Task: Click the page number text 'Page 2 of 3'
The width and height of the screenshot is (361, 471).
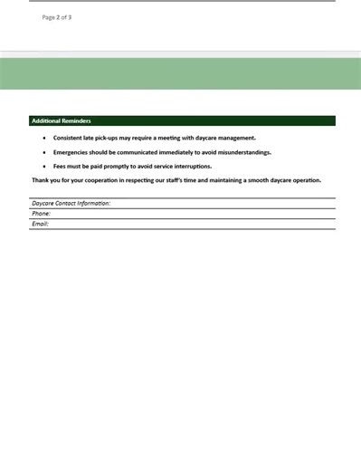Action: point(56,17)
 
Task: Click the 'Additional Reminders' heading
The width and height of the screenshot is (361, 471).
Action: point(61,120)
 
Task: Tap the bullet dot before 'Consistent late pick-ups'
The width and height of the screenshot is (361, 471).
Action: point(44,138)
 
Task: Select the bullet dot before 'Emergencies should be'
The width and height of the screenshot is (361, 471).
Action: point(44,152)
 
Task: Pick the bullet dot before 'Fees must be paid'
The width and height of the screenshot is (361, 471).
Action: point(44,167)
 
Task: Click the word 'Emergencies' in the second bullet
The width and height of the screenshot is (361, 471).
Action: point(73,152)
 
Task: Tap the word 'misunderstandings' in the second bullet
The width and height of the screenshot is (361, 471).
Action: point(240,152)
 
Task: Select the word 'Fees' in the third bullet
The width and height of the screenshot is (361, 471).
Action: point(60,167)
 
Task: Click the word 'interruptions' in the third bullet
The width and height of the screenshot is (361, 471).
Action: point(191,167)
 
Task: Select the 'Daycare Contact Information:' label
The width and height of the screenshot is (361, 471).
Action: point(71,203)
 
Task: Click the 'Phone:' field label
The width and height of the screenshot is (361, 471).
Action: point(42,213)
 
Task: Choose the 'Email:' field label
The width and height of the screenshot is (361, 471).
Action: point(41,224)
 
